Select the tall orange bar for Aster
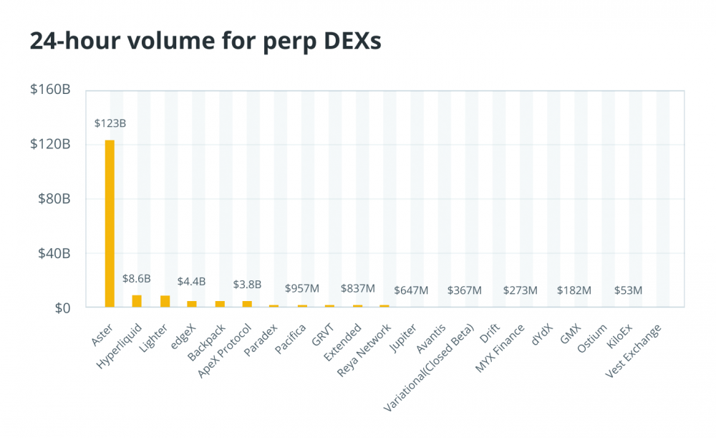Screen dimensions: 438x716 (110, 223)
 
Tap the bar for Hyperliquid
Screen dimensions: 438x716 (137, 301)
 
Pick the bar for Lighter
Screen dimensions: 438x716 (165, 301)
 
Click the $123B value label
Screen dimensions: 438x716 (110, 124)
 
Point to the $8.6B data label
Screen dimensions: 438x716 (137, 277)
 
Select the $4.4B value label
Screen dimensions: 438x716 (192, 282)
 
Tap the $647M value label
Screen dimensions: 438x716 (411, 290)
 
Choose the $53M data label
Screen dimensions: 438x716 (628, 290)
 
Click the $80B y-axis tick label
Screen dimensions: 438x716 (55, 199)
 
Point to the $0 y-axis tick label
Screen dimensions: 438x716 (62, 308)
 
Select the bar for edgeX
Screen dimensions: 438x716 (192, 304)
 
